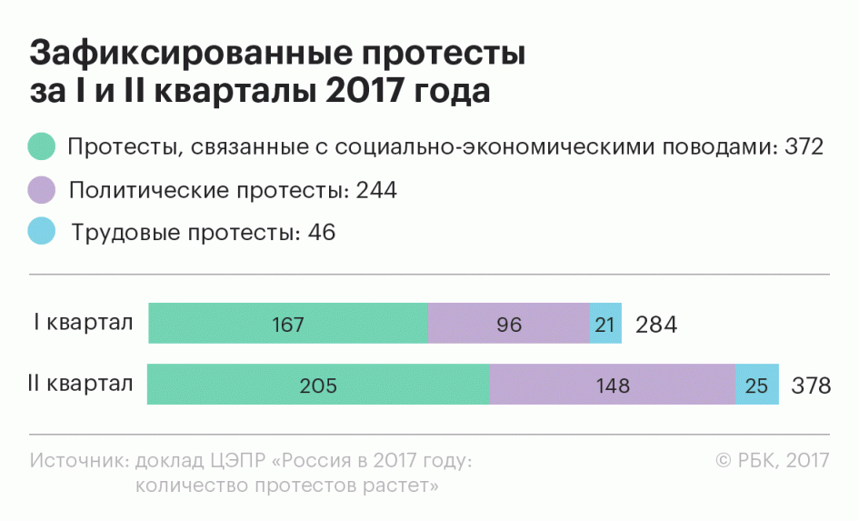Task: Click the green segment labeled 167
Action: coord(287,324)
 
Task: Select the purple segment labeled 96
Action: coord(509,324)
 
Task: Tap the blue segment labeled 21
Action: coord(605,324)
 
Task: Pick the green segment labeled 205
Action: coord(318,385)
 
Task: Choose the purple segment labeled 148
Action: coord(612,385)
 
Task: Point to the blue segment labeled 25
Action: coord(756,385)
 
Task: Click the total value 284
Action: coord(656,325)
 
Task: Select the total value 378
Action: coord(811,386)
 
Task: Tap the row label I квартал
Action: coord(83,323)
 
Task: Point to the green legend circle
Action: coord(42,146)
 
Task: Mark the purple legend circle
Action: coord(42,190)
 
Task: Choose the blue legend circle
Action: coord(42,232)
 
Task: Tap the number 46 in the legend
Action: coord(322,233)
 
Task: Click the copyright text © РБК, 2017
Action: coord(773,460)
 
